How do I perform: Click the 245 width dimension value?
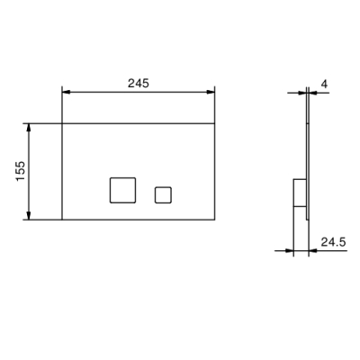click(x=139, y=83)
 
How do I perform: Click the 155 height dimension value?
click(x=21, y=171)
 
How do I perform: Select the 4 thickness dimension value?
click(x=324, y=84)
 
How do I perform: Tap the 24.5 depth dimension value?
click(x=333, y=242)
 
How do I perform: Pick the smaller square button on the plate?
click(x=163, y=195)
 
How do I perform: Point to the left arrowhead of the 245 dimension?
click(x=66, y=92)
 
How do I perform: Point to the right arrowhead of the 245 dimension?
click(x=211, y=92)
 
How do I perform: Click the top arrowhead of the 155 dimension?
click(x=29, y=128)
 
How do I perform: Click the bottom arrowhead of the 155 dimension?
click(x=29, y=216)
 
